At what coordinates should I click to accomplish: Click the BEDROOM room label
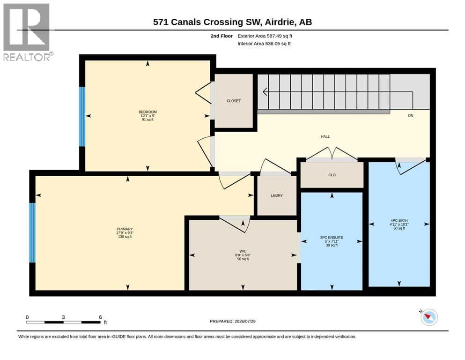148,112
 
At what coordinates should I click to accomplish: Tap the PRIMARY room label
125,229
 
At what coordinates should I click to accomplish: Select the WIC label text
243,251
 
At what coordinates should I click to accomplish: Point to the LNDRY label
277,195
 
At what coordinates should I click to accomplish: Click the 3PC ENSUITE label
332,238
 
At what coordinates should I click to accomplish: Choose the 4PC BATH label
399,220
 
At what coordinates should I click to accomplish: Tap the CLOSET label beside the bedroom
234,101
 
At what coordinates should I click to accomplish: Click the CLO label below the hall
332,175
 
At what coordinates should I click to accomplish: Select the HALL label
325,136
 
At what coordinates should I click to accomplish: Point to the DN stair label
410,115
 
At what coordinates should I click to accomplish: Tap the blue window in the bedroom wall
82,116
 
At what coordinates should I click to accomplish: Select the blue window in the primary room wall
32,232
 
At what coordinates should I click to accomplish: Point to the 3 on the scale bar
64,317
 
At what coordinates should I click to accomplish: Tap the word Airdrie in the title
279,22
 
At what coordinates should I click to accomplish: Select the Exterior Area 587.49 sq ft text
265,36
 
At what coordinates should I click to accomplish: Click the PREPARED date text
232,321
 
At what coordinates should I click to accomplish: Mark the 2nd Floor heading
221,36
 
